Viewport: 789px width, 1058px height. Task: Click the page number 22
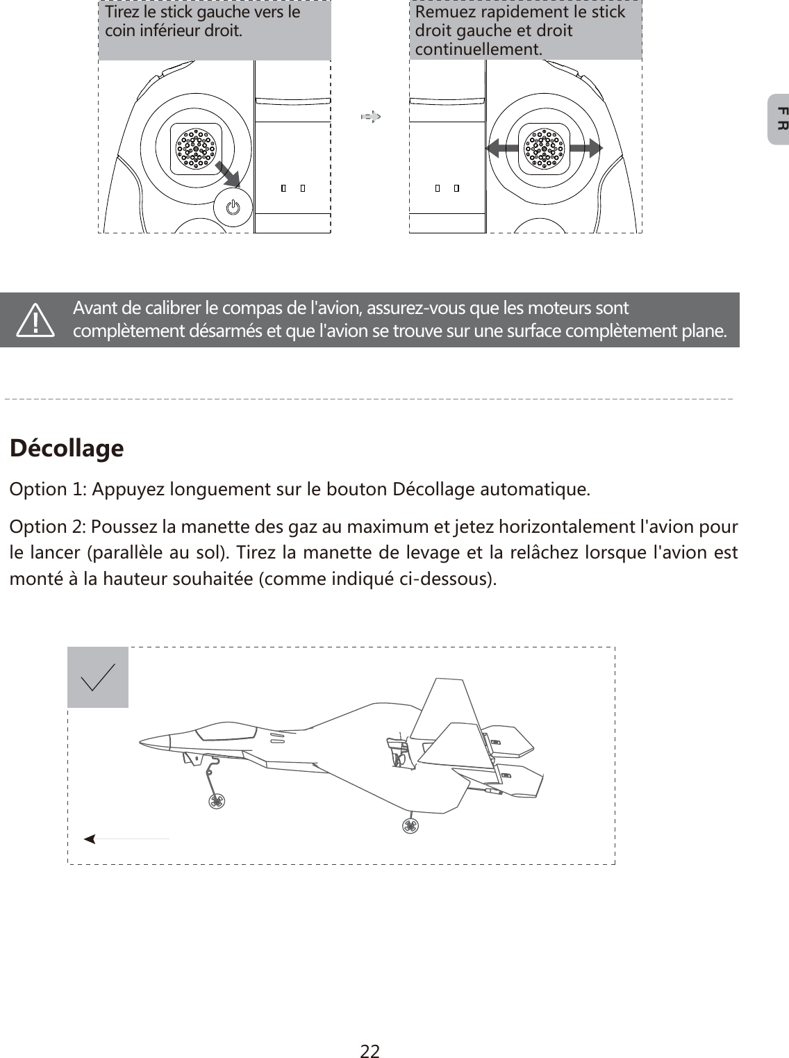click(369, 1032)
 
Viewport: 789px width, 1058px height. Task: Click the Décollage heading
click(67, 448)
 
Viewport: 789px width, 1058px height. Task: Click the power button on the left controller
click(233, 207)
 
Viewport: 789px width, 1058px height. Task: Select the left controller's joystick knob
click(197, 149)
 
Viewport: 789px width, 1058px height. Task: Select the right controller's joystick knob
click(545, 149)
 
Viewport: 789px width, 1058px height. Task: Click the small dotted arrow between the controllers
click(372, 117)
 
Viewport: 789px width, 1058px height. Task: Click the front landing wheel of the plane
click(217, 801)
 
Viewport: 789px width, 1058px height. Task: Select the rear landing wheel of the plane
click(410, 825)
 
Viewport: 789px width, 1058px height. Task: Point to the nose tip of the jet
click(141, 741)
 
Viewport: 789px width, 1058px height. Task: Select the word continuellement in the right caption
click(479, 50)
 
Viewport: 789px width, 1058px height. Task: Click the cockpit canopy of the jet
click(226, 731)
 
